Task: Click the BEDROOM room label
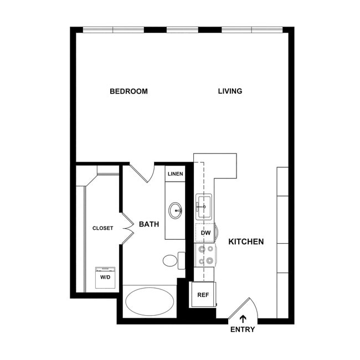tap(128, 91)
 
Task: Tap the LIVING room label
tap(230, 91)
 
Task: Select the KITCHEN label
tap(246, 241)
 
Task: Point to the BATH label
tap(149, 224)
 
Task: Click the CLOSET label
tap(102, 228)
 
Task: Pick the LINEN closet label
tap(175, 174)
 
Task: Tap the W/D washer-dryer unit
tap(105, 277)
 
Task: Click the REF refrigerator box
tap(203, 295)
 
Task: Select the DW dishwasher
tap(205, 233)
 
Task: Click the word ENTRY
tap(243, 330)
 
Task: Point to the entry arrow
tap(243, 318)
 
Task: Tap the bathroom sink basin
tap(176, 210)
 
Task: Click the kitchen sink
tap(204, 207)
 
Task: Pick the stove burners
tap(205, 255)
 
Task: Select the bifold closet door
tap(127, 228)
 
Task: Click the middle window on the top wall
tap(182, 29)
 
